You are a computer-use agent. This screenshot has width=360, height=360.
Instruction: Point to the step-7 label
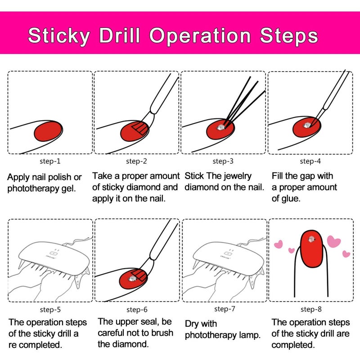[x=224, y=309]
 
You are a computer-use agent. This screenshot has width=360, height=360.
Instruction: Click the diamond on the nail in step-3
[x=220, y=128]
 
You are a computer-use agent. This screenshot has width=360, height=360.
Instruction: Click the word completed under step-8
[x=292, y=345]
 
